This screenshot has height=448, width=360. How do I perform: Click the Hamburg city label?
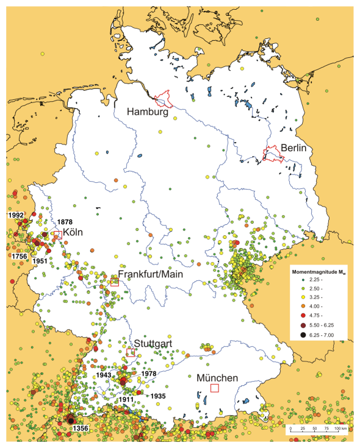[147, 112]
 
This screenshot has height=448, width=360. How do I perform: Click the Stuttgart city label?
[153, 344]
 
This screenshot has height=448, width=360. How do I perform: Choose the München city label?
[218, 377]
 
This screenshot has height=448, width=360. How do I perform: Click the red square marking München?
[214, 388]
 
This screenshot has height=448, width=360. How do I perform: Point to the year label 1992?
[15, 215]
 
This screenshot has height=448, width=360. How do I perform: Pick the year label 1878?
[64, 222]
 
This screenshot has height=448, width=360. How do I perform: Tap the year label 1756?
[20, 257]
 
